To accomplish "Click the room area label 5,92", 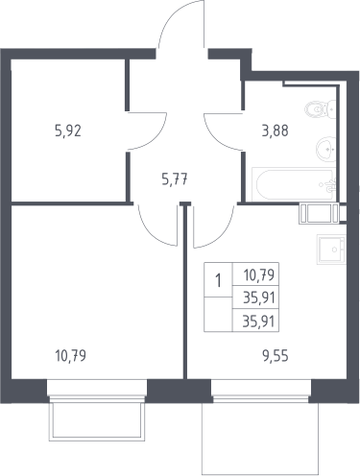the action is [x=68, y=131].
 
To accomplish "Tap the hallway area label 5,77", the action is [x=175, y=178].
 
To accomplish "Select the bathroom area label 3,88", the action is [x=276, y=131].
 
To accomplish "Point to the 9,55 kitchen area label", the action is [x=276, y=355].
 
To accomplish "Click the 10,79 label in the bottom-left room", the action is [x=71, y=355].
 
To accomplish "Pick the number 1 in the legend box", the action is [x=219, y=281].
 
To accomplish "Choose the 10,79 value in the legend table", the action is [x=259, y=274].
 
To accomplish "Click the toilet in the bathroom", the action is [x=321, y=109].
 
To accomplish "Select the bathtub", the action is [x=295, y=184].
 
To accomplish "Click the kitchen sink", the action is [x=331, y=250].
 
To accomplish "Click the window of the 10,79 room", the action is [x=97, y=389].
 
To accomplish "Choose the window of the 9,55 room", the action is [x=261, y=389].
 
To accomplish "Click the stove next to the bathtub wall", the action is [x=319, y=213].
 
